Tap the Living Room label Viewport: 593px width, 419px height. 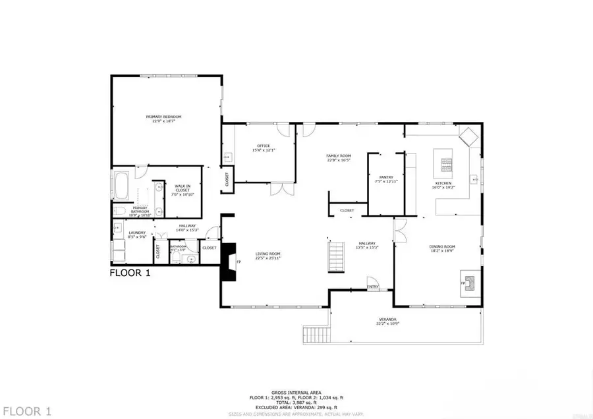click(268, 255)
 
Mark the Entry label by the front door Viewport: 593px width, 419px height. click(373, 287)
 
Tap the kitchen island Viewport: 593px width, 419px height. click(443, 164)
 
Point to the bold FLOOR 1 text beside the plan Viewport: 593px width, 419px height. click(130, 273)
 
